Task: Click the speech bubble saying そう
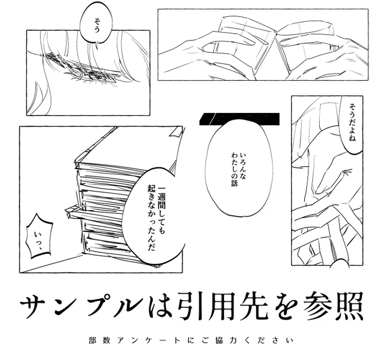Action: point(97,22)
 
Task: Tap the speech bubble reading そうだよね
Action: point(352,124)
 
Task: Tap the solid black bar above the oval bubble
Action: point(239,119)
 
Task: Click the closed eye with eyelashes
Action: point(80,68)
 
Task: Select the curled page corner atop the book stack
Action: point(175,133)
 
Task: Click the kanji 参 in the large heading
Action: point(319,305)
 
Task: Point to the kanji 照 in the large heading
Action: point(350,305)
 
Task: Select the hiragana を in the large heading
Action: point(286,306)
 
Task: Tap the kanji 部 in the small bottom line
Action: point(92,340)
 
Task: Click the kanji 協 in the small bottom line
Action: point(219,340)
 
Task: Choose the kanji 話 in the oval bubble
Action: point(234,183)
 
